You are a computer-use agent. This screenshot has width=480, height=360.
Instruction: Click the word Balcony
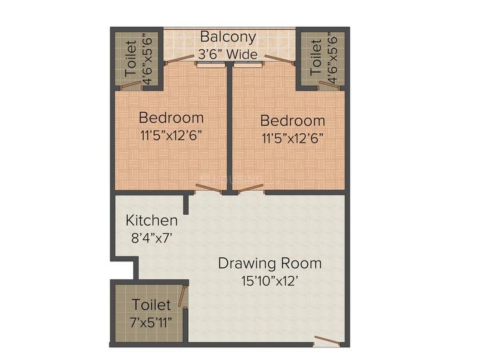pos(228,37)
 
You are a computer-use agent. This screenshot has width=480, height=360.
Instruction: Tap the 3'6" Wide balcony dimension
pos(228,55)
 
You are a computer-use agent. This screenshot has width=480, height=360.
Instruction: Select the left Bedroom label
pos(171,117)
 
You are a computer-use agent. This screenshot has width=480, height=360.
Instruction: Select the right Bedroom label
pos(293,121)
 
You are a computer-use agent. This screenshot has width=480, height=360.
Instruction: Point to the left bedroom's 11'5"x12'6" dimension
pos(171,135)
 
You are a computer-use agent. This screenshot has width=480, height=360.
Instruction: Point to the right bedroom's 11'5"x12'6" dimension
pos(293,139)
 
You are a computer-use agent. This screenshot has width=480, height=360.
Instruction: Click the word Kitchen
pos(151,221)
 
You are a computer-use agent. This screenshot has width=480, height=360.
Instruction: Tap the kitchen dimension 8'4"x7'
pos(151,238)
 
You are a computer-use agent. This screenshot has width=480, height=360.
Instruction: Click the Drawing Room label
pos(270,263)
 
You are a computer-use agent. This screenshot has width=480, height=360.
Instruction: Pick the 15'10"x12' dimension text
pos(269,281)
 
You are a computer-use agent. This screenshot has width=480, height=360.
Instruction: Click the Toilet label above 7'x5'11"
pos(151,305)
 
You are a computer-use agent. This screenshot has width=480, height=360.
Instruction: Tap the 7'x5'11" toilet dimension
pos(151,322)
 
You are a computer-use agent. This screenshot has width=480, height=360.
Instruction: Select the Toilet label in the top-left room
pos(131,59)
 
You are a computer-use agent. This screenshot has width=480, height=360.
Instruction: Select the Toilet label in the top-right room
pos(316,57)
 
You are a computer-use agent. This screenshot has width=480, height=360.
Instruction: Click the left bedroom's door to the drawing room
pos(209,189)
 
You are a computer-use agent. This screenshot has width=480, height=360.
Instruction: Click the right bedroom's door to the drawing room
pos(251,188)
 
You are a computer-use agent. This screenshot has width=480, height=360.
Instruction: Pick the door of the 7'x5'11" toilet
pos(183,296)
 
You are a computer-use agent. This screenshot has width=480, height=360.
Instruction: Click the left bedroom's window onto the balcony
pos(211,64)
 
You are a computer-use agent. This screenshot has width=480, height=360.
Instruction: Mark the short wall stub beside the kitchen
pos(185,204)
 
